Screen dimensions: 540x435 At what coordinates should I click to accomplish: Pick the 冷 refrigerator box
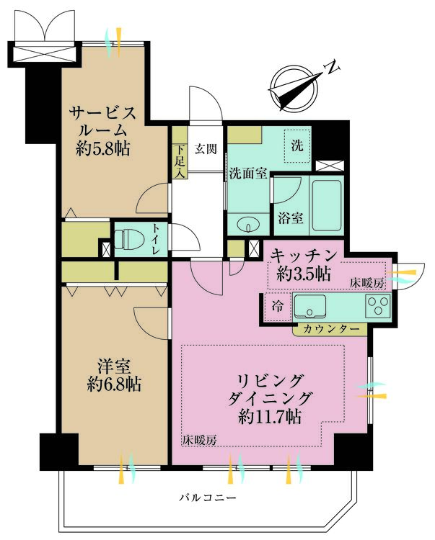pos(276,305)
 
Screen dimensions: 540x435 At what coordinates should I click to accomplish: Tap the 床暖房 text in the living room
pos(199,438)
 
